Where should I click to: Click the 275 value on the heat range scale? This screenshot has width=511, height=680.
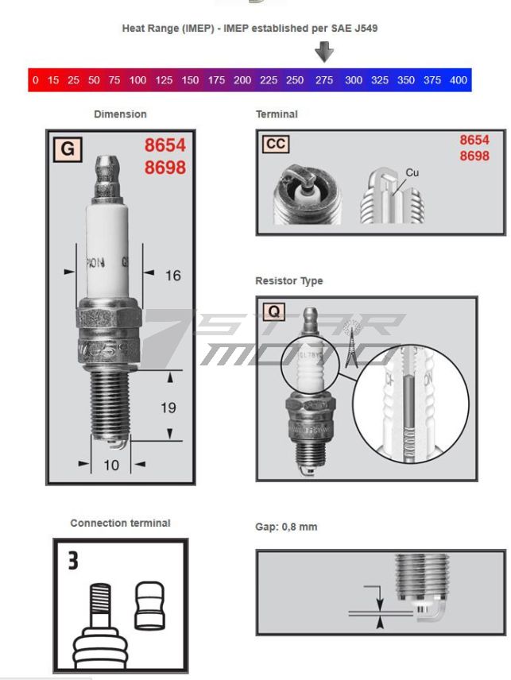pos(324,80)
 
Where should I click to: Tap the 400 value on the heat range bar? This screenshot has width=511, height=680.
pos(459,80)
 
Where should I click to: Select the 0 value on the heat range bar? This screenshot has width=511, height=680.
pos(35,80)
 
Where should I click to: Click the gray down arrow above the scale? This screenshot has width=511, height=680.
pos(323,52)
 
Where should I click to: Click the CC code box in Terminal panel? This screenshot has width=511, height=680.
pos(276,144)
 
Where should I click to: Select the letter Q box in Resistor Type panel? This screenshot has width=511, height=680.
pos(273,311)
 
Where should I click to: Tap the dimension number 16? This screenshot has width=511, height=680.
pos(172,276)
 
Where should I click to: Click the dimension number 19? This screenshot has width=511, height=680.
pos(168,408)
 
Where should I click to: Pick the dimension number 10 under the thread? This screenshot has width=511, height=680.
pos(110,464)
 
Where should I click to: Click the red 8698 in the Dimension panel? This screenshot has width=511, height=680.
pos(165,168)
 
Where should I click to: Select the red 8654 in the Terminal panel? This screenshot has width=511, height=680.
pos(474,140)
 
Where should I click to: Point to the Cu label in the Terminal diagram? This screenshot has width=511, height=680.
pos(412,172)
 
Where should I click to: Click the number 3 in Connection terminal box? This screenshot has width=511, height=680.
pos(73,561)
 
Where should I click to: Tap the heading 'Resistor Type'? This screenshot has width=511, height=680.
pos(288,281)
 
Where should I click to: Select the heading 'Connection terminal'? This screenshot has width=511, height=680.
pos(120,524)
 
